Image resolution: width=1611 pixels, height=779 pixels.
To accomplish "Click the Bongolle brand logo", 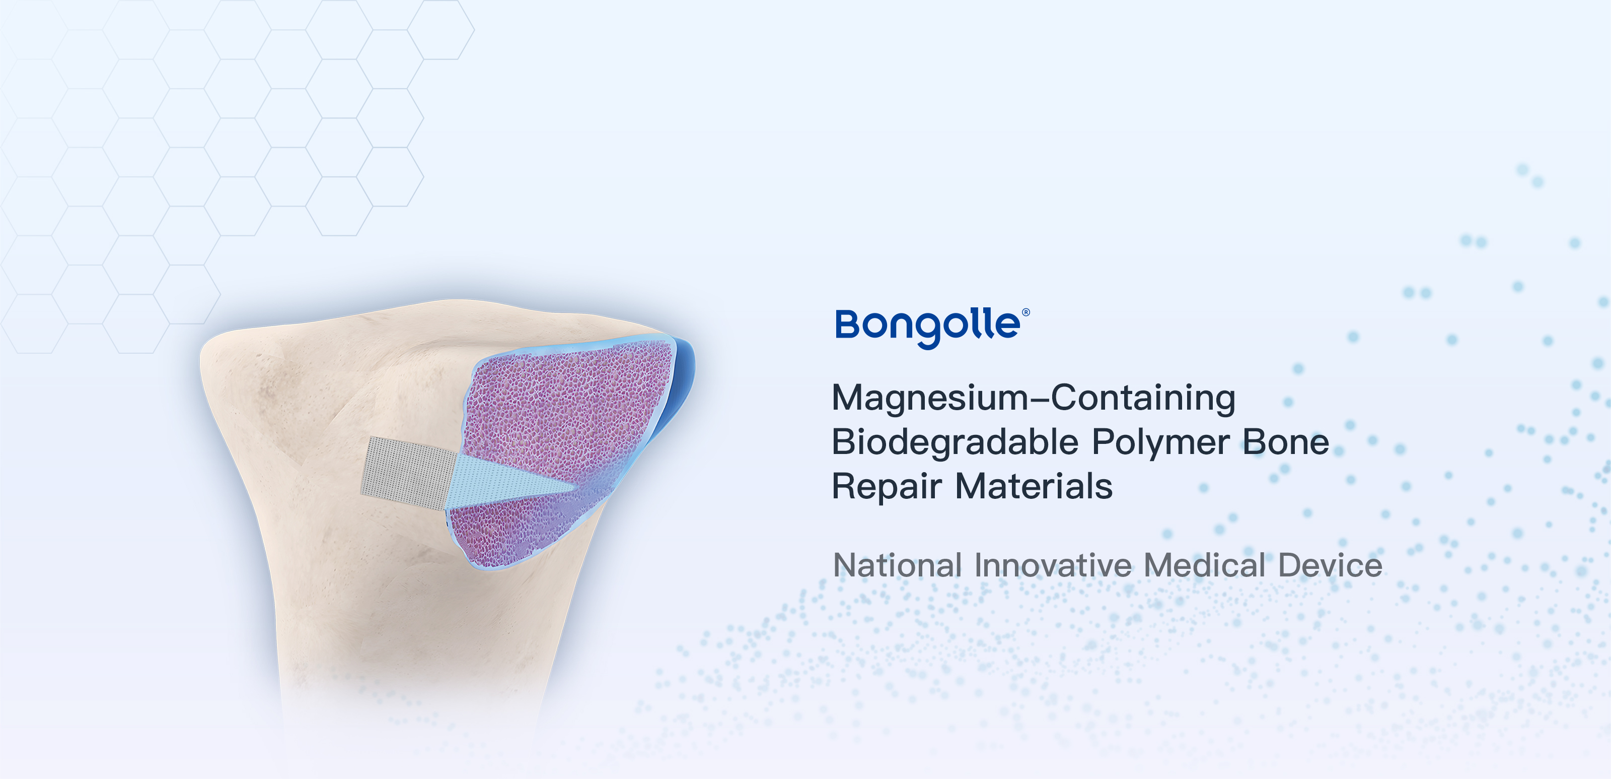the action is point(932,327).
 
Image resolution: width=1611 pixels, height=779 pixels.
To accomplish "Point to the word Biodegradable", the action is point(956,443).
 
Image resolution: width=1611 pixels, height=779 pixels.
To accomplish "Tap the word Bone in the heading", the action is point(1286,442).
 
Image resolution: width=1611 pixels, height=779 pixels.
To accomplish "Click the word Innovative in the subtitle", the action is point(1053,566).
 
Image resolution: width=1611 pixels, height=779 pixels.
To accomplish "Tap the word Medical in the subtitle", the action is point(1205,566).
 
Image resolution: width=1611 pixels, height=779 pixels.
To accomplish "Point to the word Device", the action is point(1330,566).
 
